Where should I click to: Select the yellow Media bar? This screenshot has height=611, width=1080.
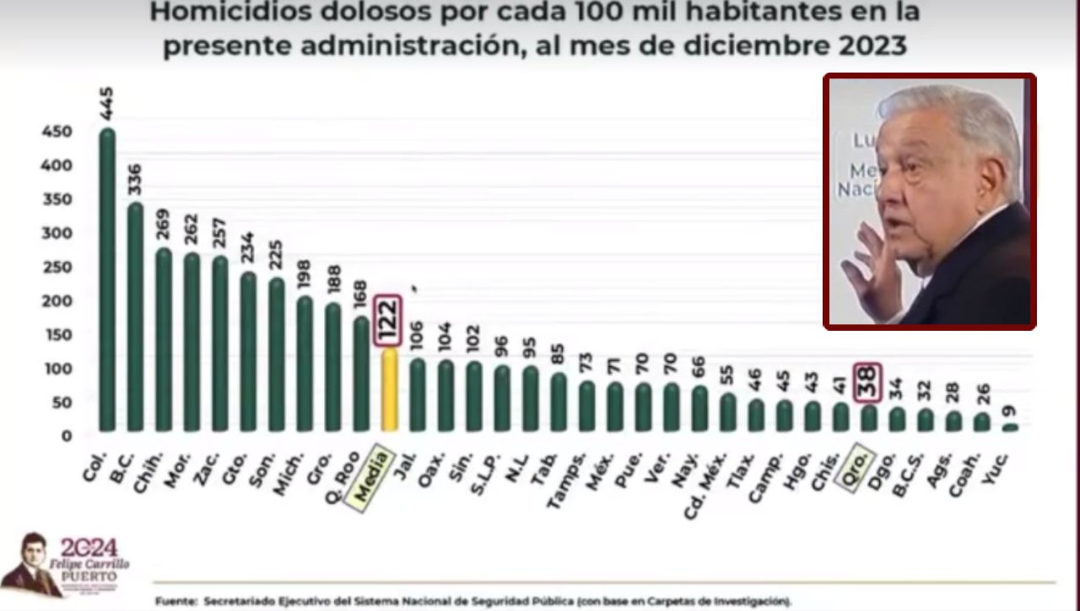point(389,390)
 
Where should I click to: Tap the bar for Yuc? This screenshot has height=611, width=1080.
point(1010,427)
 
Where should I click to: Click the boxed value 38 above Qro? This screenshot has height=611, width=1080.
point(868,382)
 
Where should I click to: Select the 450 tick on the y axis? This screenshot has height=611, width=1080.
point(57,131)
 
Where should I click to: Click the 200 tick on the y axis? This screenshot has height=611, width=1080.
point(57,300)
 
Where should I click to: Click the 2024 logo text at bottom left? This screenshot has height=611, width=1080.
point(89,548)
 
